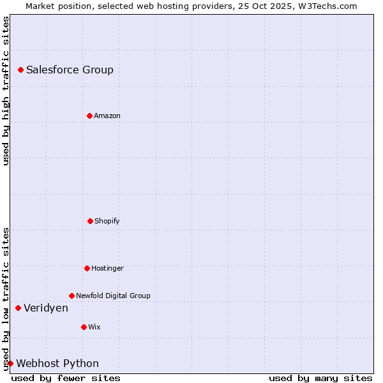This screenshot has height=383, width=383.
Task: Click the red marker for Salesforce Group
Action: tap(20, 70)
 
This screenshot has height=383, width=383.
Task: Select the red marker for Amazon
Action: tap(89, 116)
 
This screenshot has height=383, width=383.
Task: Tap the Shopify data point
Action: tap(90, 221)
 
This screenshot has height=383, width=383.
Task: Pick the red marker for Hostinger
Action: tap(87, 268)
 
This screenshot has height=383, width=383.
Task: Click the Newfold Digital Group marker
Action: tap(71, 296)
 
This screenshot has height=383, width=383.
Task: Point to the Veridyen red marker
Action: tap(18, 308)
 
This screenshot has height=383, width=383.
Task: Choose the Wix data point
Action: tap(84, 327)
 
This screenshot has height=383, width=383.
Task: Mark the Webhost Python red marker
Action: tap(10, 363)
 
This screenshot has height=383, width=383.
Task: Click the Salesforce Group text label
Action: tap(70, 70)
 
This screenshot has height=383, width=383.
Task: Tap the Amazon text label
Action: tap(107, 116)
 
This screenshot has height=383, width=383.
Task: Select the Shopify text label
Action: tap(107, 221)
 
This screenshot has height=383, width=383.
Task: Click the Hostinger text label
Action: tap(107, 268)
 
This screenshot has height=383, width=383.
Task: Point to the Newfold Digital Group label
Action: tap(113, 296)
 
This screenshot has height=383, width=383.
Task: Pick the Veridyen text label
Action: tap(46, 308)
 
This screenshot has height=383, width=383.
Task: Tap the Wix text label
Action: tap(94, 327)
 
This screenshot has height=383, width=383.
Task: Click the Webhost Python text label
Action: tap(57, 363)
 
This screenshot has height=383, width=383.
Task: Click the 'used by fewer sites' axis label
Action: tap(66, 378)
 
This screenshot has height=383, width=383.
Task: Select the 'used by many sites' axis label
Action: tap(320, 378)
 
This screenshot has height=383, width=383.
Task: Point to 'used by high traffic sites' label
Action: tap(6, 91)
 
